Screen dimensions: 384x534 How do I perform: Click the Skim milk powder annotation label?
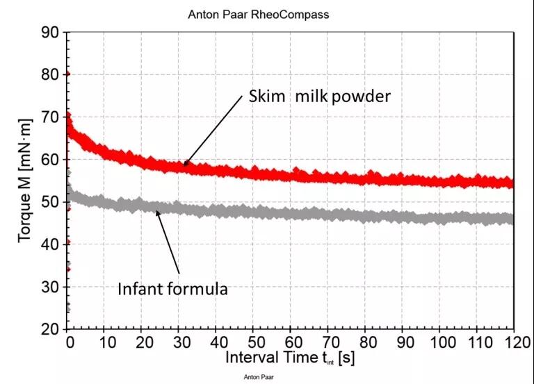320,97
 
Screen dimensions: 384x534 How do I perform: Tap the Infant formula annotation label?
172,288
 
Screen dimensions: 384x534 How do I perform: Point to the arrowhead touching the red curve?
186,164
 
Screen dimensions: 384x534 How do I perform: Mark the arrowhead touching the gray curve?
157,212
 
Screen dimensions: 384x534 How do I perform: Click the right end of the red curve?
512,184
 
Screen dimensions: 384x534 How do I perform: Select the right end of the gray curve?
512,220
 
